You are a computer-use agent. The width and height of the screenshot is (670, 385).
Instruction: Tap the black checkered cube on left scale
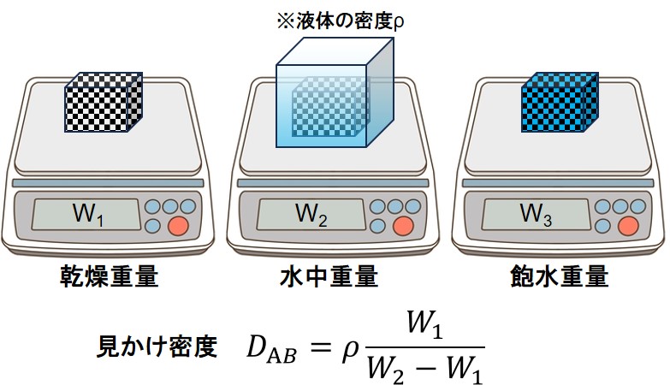(103, 104)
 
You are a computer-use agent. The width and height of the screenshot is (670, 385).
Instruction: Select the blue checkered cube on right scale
(556, 104)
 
